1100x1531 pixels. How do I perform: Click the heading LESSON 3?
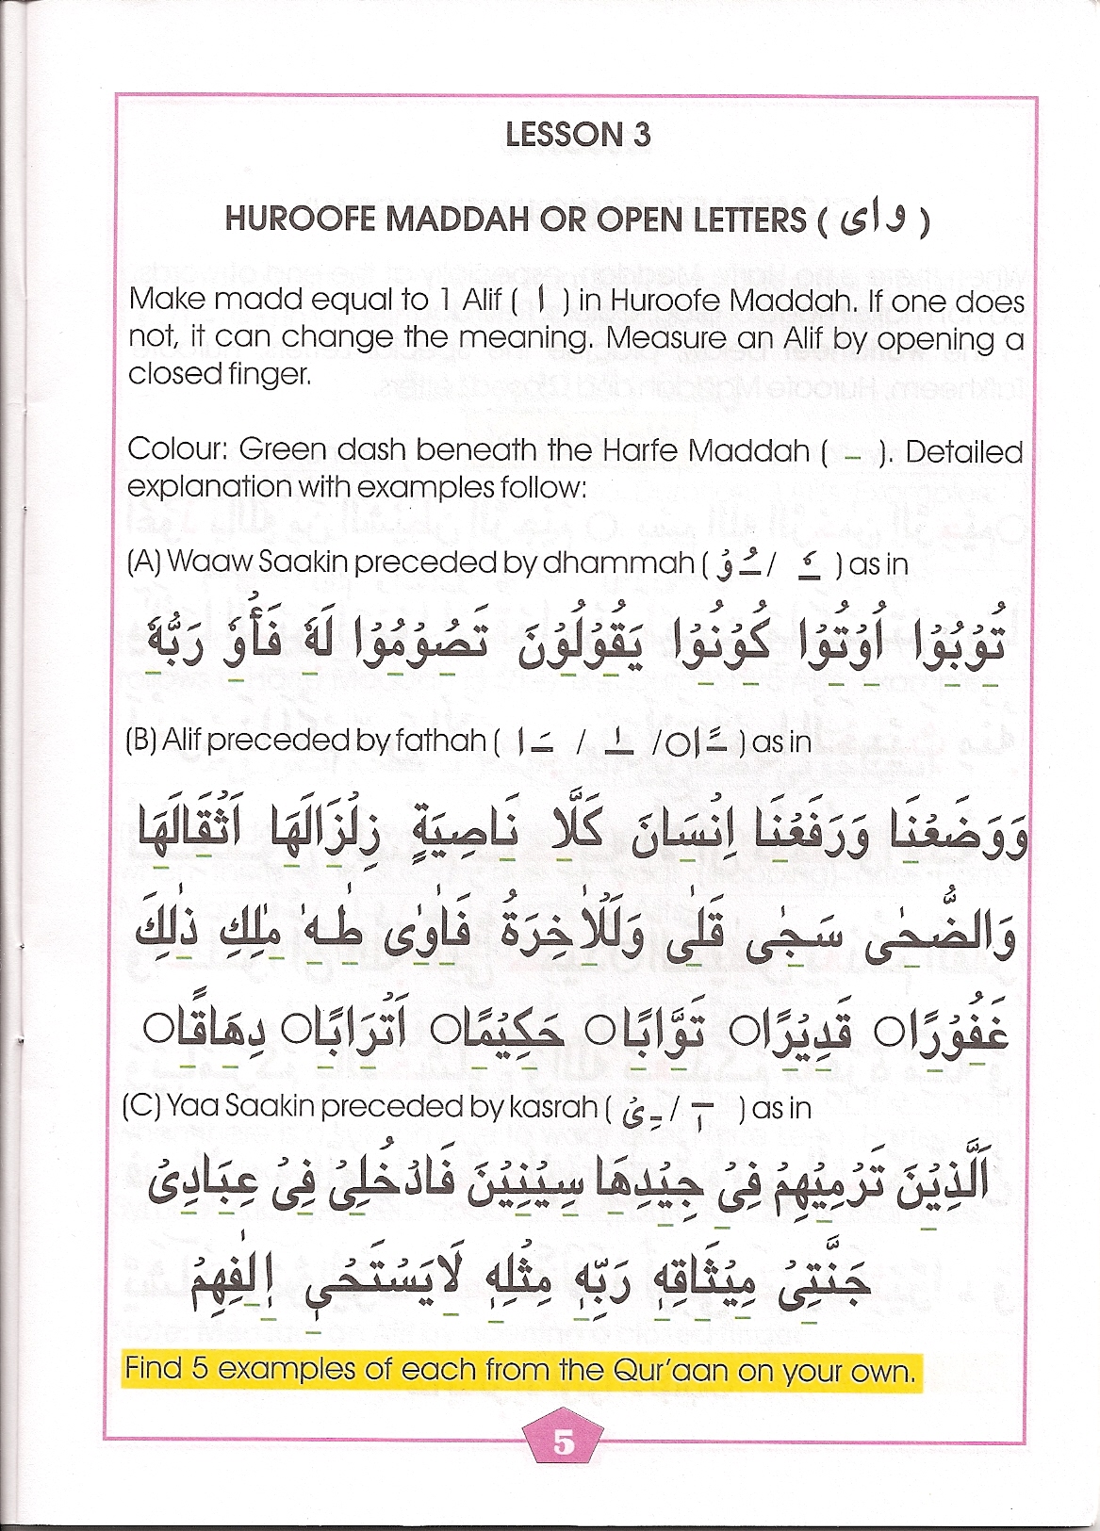(x=577, y=135)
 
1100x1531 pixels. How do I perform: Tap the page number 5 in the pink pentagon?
(x=564, y=1442)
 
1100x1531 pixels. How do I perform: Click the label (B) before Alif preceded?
(x=141, y=741)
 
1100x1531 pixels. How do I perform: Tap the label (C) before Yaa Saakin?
(x=141, y=1107)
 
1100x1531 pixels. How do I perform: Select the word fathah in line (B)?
(x=440, y=741)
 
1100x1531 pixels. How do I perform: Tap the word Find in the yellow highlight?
(x=152, y=1368)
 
